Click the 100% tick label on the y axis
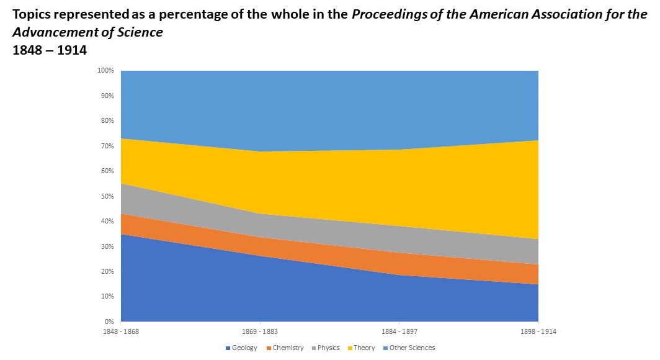click(x=105, y=71)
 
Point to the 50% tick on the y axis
click(x=107, y=196)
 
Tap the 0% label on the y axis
click(x=109, y=322)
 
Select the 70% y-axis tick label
click(x=107, y=146)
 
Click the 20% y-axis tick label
click(x=107, y=271)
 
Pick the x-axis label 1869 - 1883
click(x=260, y=332)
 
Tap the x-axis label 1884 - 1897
click(x=399, y=332)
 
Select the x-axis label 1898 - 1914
click(x=538, y=332)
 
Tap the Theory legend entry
click(x=363, y=348)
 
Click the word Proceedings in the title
click(x=386, y=15)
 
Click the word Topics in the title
click(x=33, y=15)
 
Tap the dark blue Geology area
click(x=248, y=292)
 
